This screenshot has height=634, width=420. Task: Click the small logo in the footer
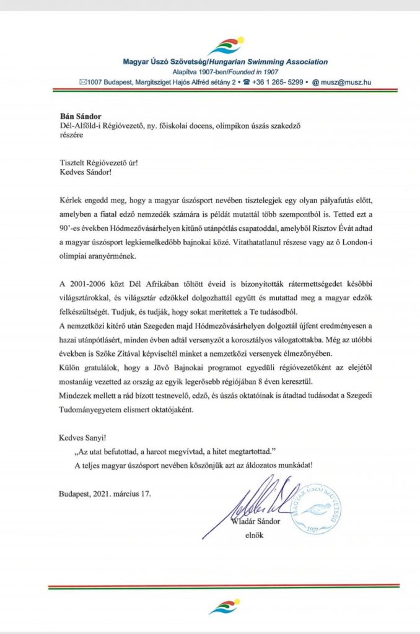tap(225, 606)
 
